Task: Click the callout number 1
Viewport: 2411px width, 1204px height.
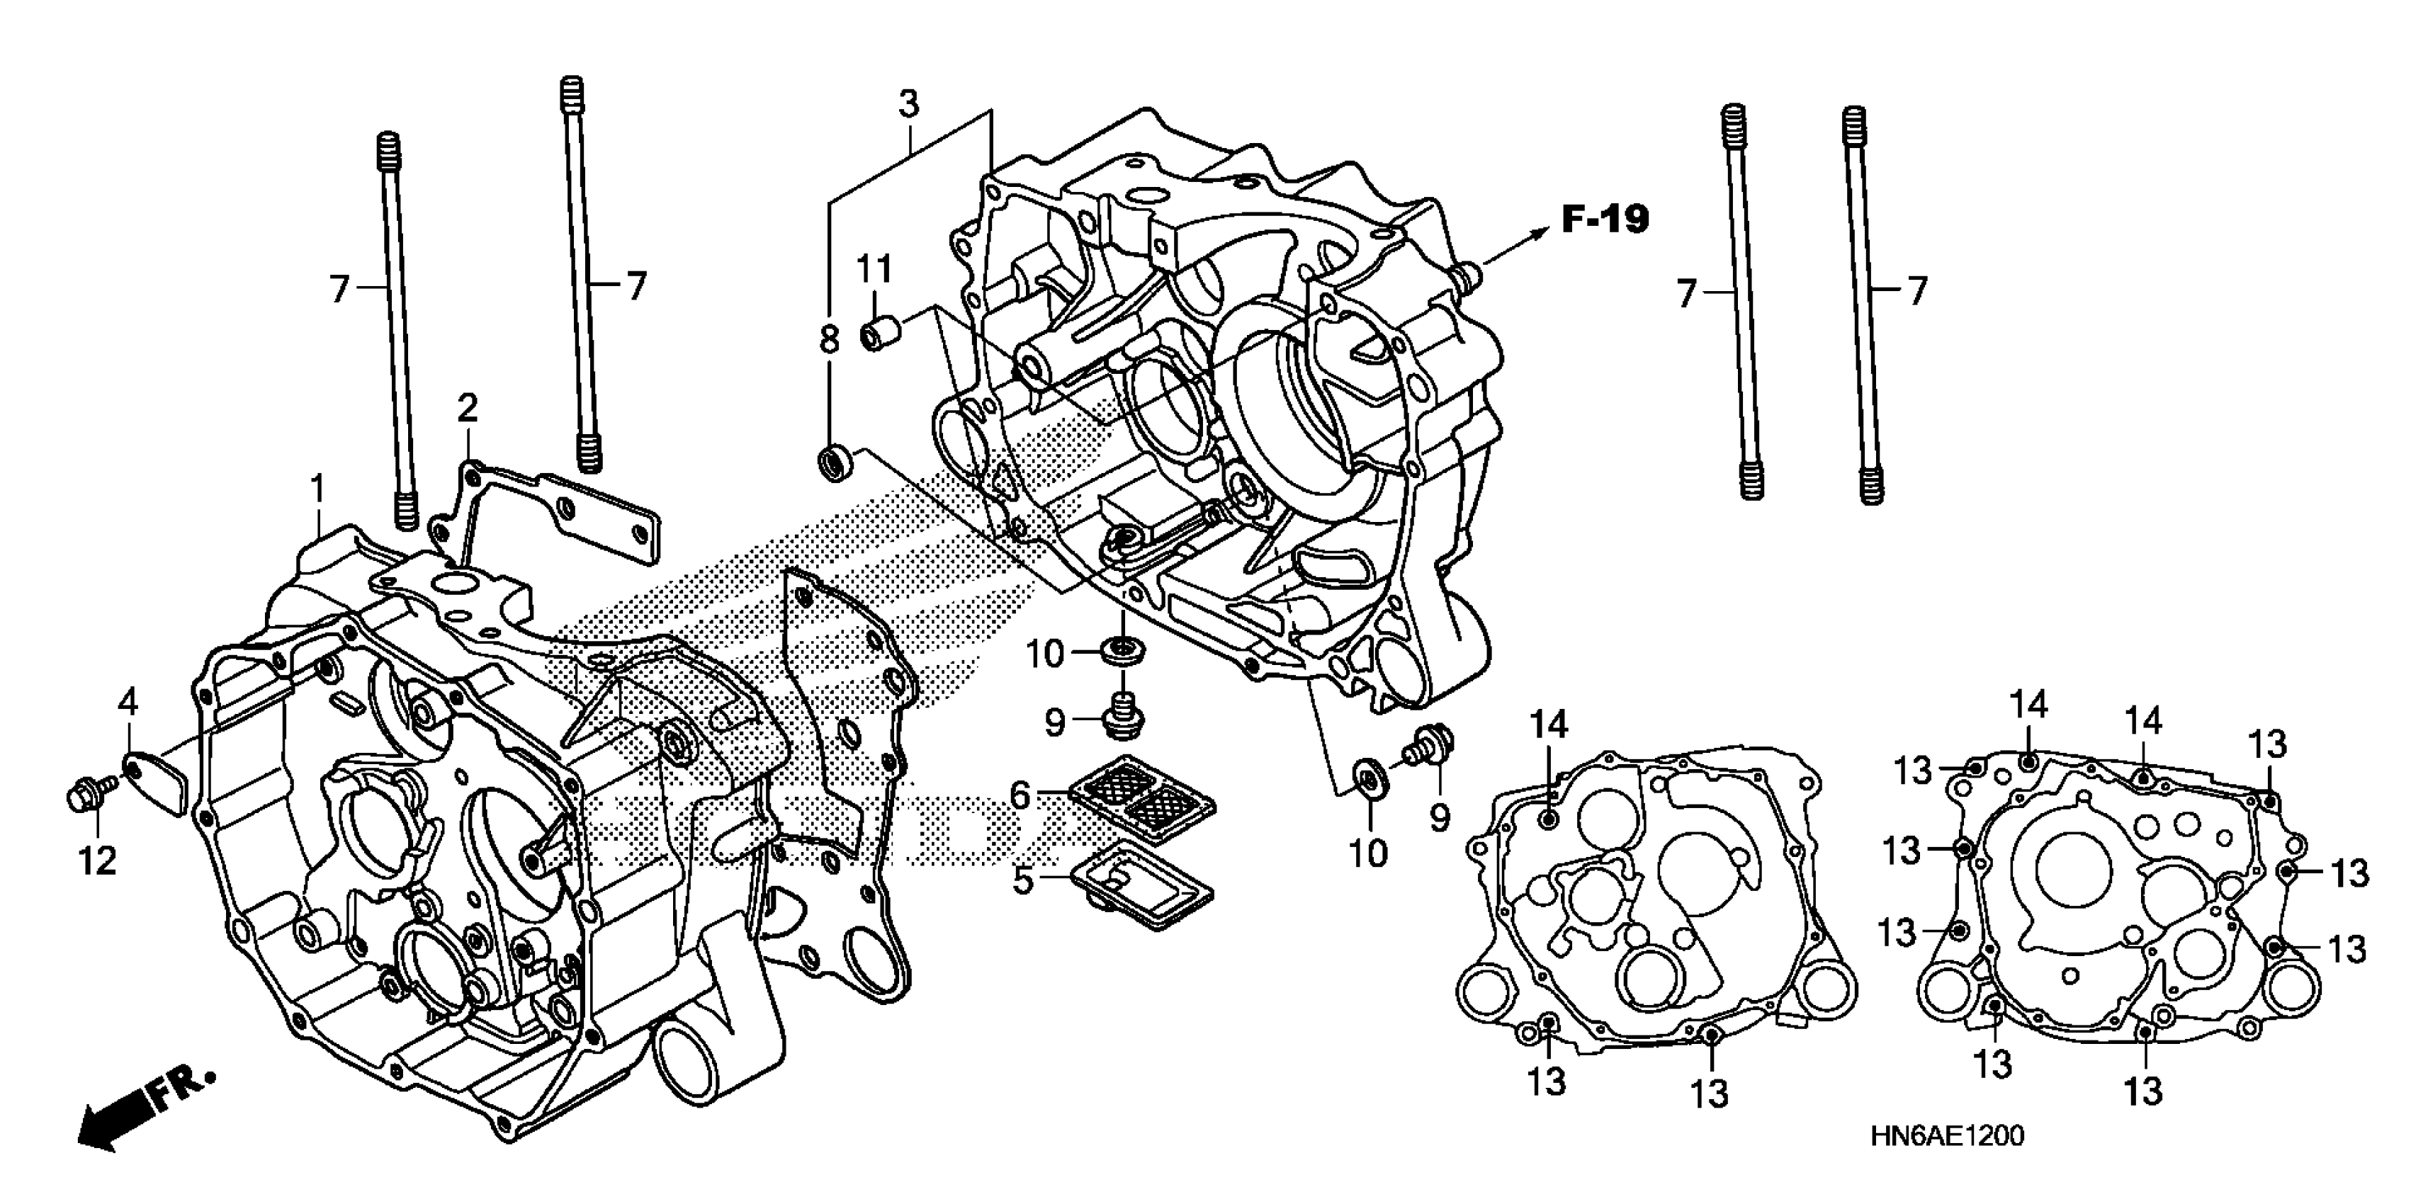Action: click(318, 489)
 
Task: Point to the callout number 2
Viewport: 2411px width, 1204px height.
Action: click(467, 408)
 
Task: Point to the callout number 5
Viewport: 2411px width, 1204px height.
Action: click(1023, 880)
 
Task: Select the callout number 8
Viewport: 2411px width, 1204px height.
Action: click(829, 339)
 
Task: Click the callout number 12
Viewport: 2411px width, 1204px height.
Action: click(97, 860)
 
